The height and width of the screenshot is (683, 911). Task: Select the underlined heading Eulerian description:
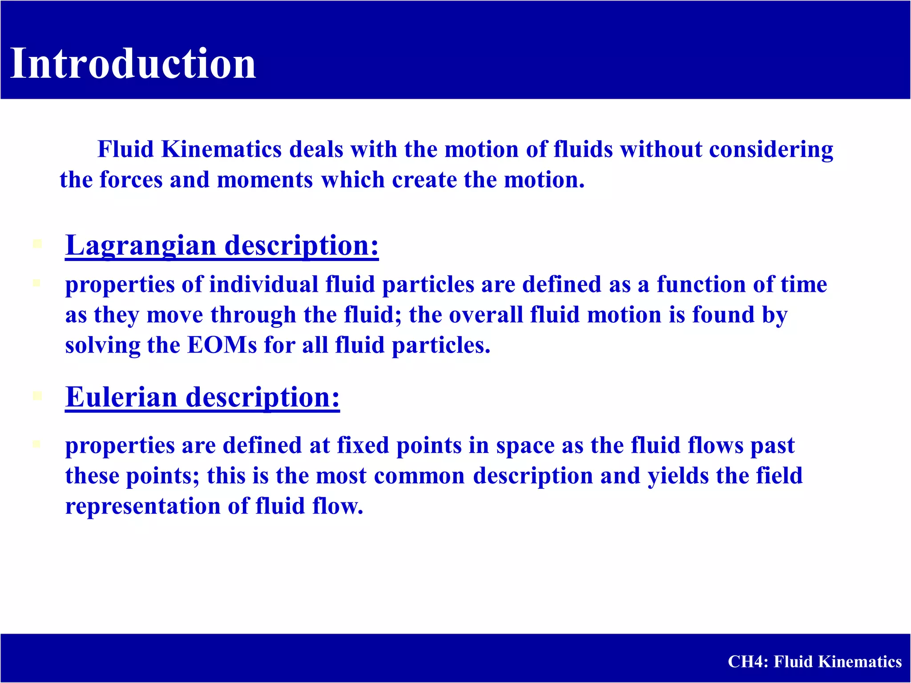[x=202, y=397]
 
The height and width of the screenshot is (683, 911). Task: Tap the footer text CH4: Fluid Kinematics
[x=814, y=662]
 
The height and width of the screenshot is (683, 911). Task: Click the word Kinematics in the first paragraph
[x=221, y=149]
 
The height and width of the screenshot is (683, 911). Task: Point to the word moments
[x=265, y=180]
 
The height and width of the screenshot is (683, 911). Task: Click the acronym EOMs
[x=222, y=345]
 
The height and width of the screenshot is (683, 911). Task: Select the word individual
[x=263, y=284]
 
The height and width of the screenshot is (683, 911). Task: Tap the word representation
[x=143, y=506]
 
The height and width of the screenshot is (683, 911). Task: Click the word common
[x=419, y=476]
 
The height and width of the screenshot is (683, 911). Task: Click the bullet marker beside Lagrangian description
[x=37, y=244]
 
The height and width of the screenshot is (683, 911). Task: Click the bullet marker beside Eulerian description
[x=37, y=396]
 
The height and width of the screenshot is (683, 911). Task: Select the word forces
[x=131, y=180]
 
